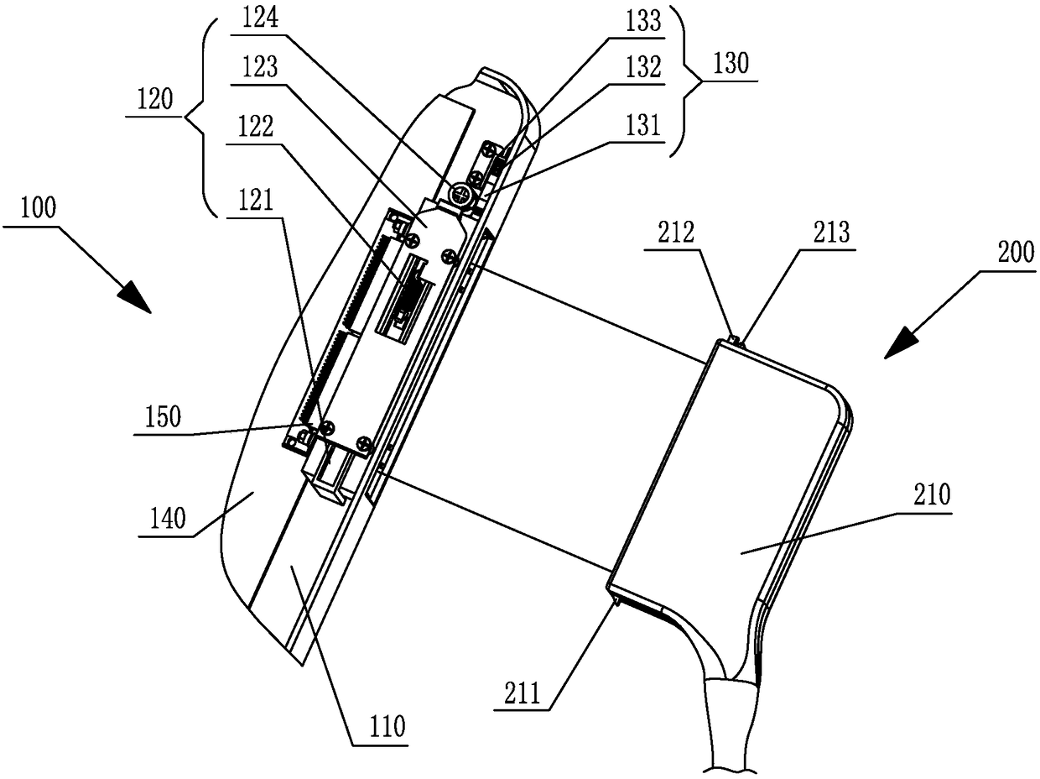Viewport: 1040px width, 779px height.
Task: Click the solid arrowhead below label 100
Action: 135,297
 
